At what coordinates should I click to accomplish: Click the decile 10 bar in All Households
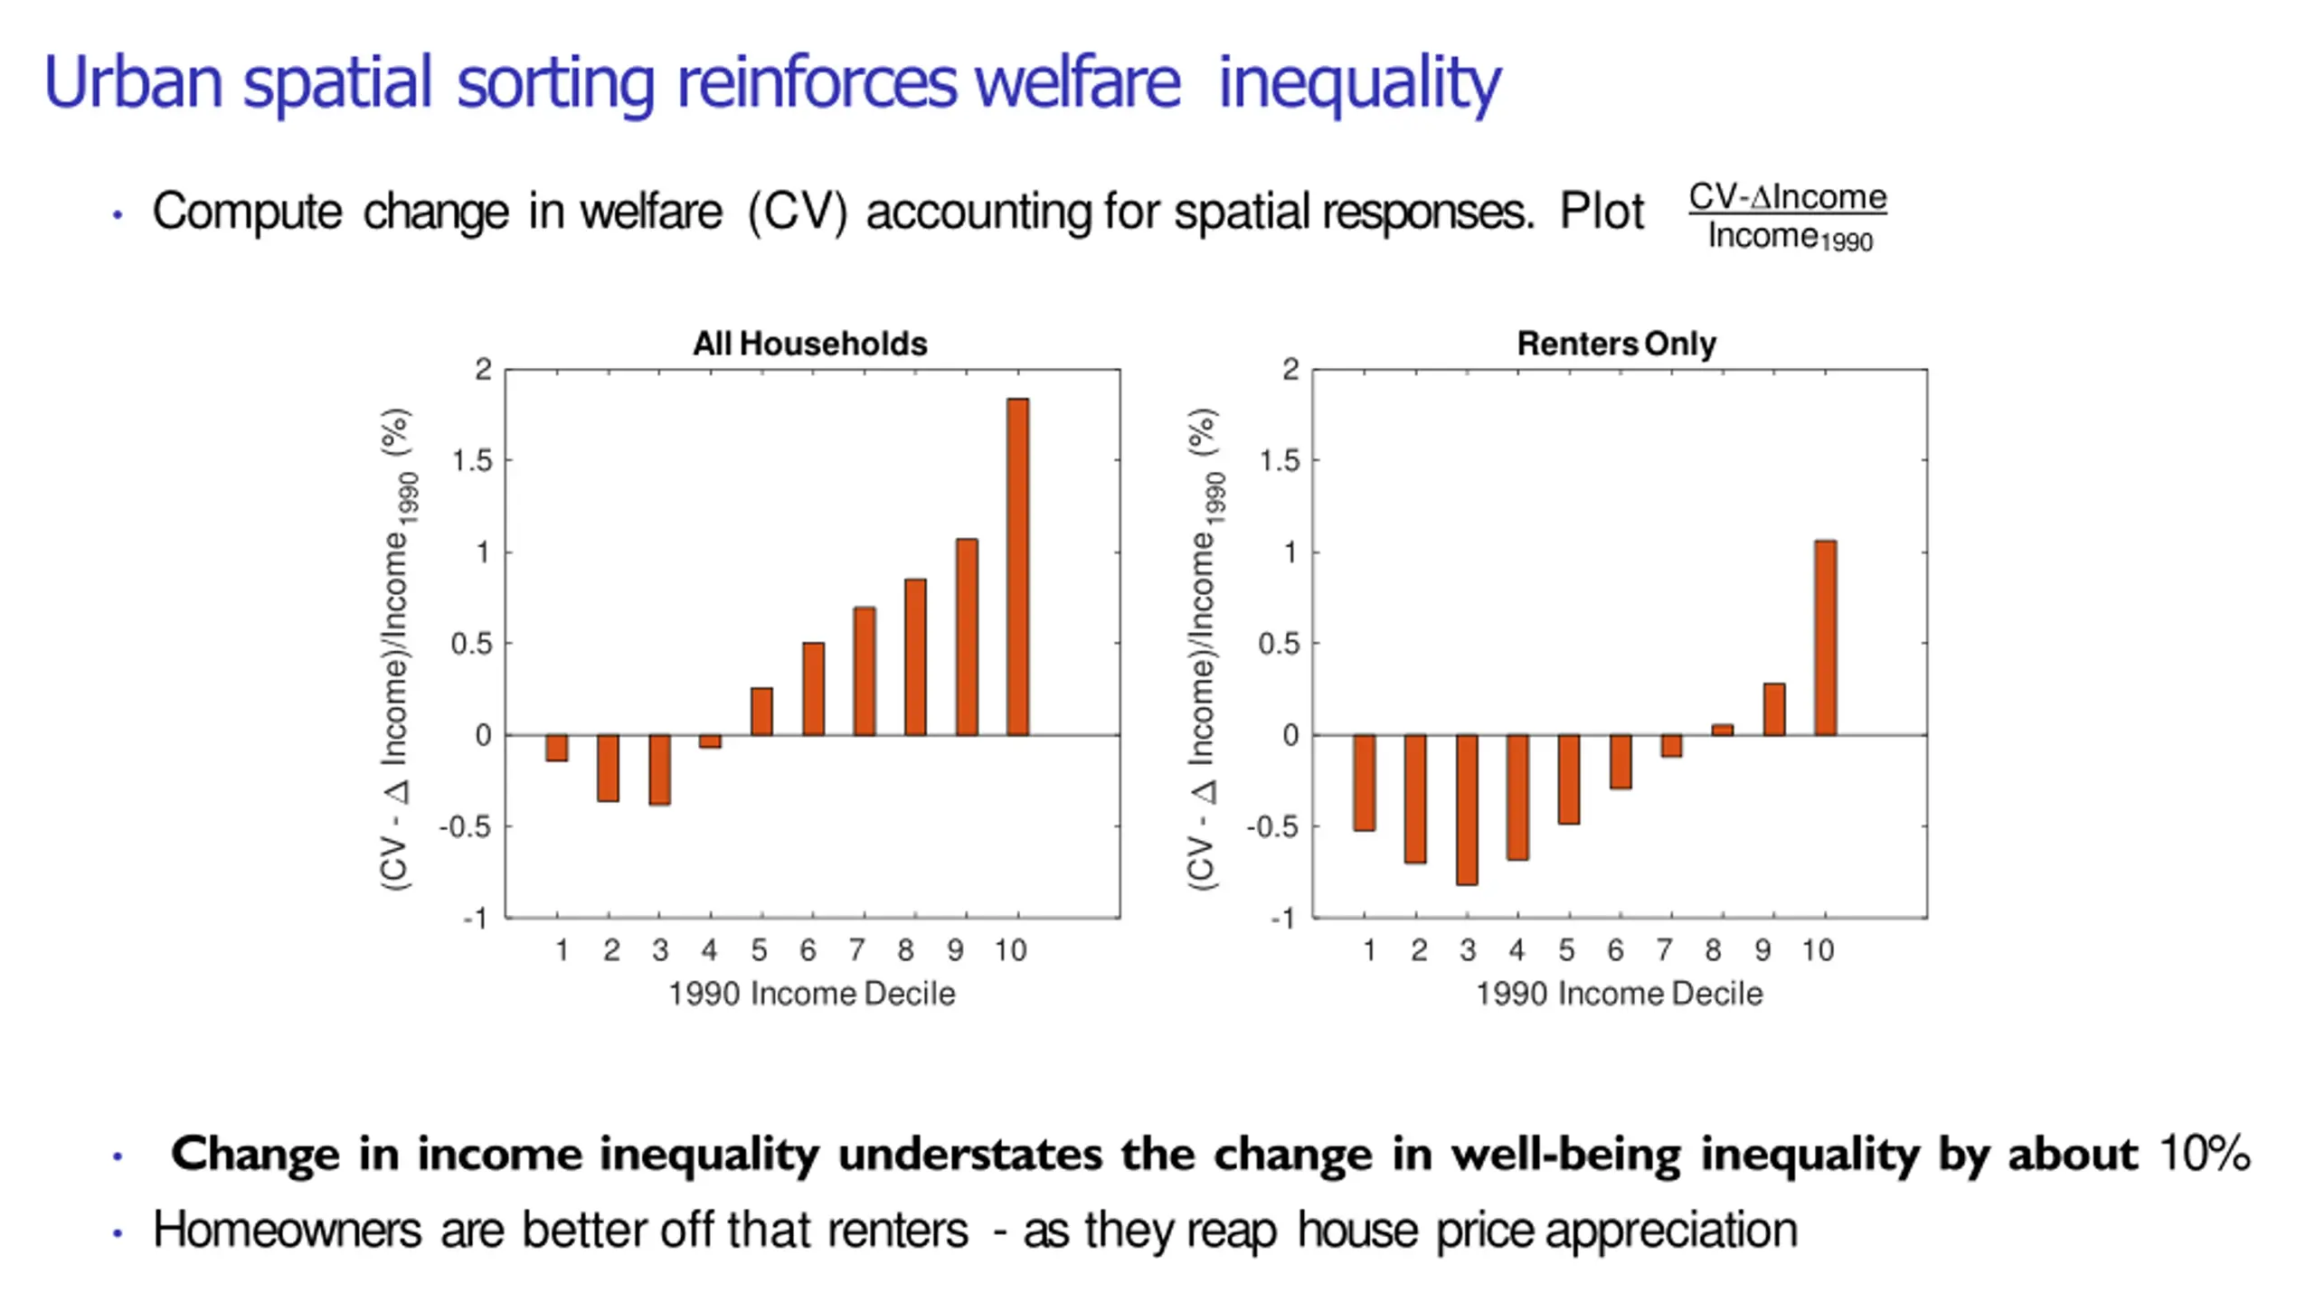[1017, 567]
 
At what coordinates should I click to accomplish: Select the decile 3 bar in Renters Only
[1467, 809]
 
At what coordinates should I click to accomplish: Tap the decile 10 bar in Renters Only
[1825, 637]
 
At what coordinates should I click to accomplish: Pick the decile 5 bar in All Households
[761, 712]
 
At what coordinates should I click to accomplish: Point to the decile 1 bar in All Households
[557, 748]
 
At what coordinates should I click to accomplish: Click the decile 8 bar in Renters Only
[1722, 730]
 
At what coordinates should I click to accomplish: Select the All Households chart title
[810, 344]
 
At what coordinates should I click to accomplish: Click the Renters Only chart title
[1616, 344]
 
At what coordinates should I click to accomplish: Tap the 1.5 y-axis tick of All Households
[471, 461]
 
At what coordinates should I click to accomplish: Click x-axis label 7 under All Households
[856, 950]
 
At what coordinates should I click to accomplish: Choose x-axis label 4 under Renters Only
[1517, 950]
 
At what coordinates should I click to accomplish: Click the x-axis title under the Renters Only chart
[1619, 994]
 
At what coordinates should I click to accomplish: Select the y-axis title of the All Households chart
[398, 648]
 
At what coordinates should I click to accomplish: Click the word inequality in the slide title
[1359, 84]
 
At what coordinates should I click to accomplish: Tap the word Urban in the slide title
[133, 82]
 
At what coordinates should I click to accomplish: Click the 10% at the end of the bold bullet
[2204, 1154]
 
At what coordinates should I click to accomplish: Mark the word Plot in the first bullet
[1602, 212]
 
